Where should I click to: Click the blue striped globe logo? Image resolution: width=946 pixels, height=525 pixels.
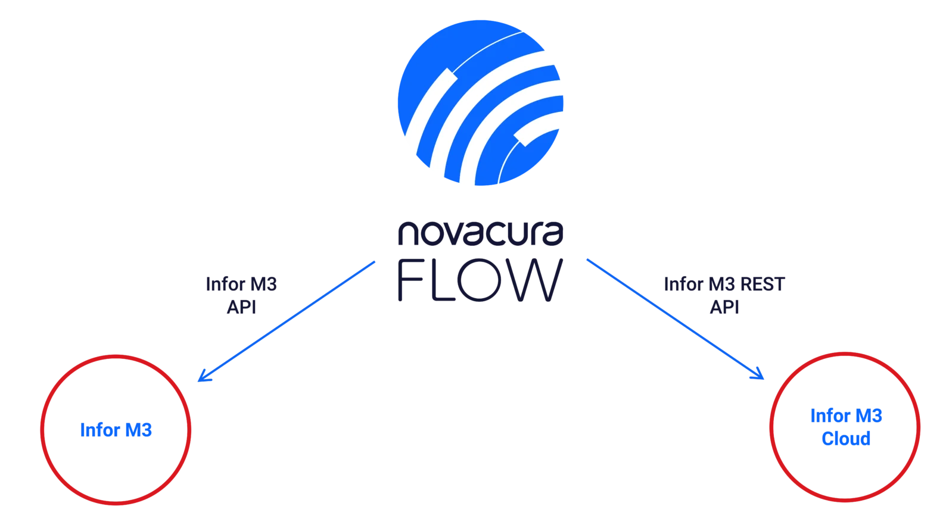tap(481, 102)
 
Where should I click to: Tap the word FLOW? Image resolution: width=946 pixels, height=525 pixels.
tap(478, 282)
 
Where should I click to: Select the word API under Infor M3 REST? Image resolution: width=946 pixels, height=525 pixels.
tap(724, 305)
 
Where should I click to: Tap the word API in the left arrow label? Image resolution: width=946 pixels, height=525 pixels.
tap(241, 305)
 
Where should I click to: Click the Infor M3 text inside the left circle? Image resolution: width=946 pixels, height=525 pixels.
tap(117, 429)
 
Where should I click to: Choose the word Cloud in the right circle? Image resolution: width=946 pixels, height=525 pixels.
tap(846, 439)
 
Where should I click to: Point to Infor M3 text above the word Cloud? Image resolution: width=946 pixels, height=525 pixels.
tap(846, 416)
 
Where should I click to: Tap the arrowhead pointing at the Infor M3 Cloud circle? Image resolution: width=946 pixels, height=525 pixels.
tap(761, 376)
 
